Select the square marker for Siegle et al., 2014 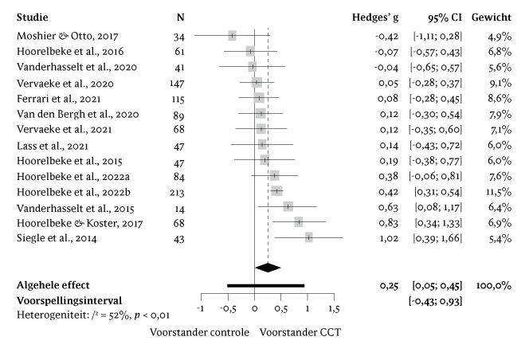click(x=308, y=237)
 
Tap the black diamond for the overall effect click(x=268, y=268)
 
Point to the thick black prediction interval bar click(x=265, y=284)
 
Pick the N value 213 click(x=181, y=191)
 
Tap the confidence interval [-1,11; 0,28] click(x=437, y=36)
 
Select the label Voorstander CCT click(x=299, y=332)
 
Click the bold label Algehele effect click(x=53, y=284)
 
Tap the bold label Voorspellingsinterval click(x=68, y=301)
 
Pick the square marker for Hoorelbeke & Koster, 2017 click(x=299, y=221)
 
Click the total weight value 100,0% click(x=494, y=284)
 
